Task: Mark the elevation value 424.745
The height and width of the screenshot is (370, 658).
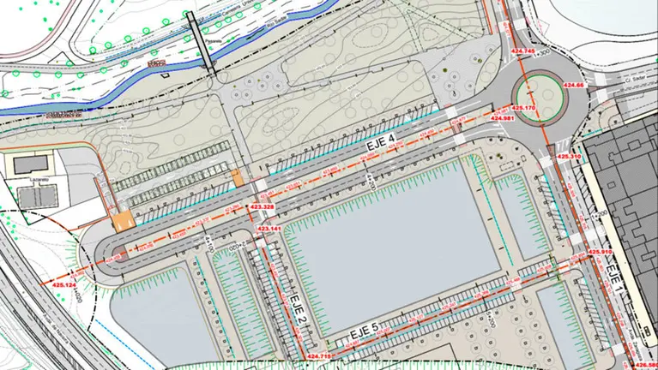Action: click(x=523, y=53)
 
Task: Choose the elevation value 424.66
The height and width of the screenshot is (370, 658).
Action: click(x=574, y=85)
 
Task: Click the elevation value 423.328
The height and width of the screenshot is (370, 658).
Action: click(x=263, y=207)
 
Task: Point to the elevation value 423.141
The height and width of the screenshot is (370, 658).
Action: click(x=270, y=230)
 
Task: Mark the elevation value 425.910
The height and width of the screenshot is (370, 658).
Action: click(x=600, y=252)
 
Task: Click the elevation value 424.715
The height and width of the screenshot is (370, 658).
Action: click(x=318, y=355)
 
